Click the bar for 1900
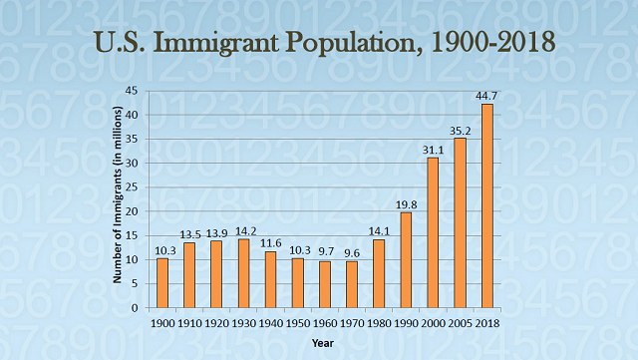162,283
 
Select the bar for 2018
486,205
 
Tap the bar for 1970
352,284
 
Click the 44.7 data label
486,95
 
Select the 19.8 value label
406,203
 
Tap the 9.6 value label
352,252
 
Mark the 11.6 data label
270,243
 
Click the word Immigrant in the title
224,43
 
